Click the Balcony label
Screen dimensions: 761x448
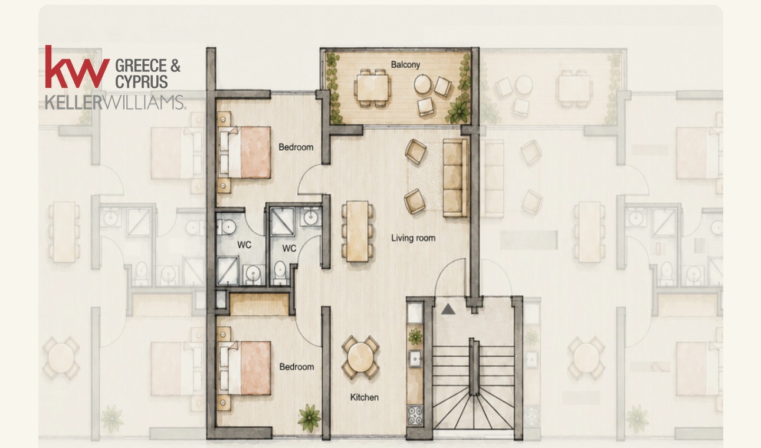pyautogui.click(x=405, y=64)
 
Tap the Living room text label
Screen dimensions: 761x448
pyautogui.click(x=413, y=238)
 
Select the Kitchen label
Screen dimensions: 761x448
pyautogui.click(x=364, y=397)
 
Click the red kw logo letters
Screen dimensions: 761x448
pyautogui.click(x=77, y=67)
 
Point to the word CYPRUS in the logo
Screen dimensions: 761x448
pyautogui.click(x=142, y=82)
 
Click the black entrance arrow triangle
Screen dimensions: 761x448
pyautogui.click(x=448, y=309)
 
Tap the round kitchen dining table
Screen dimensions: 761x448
pyautogui.click(x=360, y=358)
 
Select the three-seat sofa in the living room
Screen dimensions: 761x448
pyautogui.click(x=455, y=178)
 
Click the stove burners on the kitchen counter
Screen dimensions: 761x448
pyautogui.click(x=415, y=416)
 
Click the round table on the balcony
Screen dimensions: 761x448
pyautogui.click(x=422, y=84)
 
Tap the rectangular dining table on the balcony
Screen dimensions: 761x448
pyautogui.click(x=372, y=88)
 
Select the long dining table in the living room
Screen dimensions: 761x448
pyautogui.click(x=357, y=231)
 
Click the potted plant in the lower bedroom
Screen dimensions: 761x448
pyautogui.click(x=309, y=417)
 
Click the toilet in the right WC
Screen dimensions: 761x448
pyautogui.click(x=280, y=271)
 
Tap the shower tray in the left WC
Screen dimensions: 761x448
pyautogui.click(x=228, y=271)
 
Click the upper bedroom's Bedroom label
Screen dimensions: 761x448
pyautogui.click(x=296, y=147)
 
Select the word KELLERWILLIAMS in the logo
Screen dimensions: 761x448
pyautogui.click(x=116, y=102)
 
